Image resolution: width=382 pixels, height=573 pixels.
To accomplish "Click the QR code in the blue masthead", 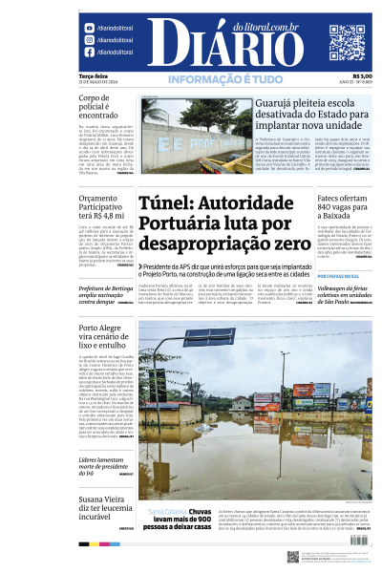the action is [347, 42].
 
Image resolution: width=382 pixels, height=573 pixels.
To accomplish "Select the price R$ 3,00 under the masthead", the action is [361, 76].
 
